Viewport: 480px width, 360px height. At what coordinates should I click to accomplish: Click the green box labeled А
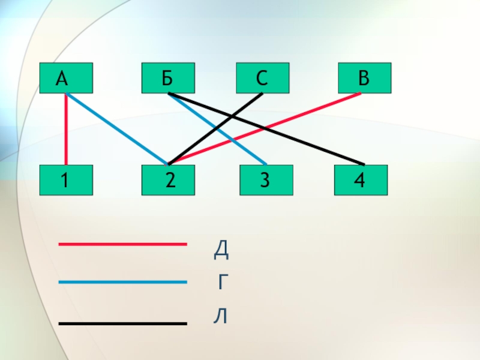point(66,78)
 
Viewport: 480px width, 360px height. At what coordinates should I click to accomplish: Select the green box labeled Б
point(168,78)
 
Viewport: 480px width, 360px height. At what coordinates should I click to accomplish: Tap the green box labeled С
point(262,78)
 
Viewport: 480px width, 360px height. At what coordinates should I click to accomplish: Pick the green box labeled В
point(364,78)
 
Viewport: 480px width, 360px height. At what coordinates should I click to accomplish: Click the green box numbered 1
point(66,180)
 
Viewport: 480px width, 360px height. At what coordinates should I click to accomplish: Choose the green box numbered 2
point(168,180)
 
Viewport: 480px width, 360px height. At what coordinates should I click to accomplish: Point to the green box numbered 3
point(266,180)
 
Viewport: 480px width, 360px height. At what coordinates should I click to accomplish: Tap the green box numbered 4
point(361,180)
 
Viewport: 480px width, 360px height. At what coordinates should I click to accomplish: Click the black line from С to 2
point(240,111)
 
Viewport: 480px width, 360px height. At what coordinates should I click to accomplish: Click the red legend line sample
point(122,244)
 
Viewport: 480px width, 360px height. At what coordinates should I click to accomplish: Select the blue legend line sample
point(122,282)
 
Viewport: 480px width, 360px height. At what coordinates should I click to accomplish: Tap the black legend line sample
point(122,323)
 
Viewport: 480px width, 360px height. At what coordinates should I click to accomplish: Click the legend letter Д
point(221,251)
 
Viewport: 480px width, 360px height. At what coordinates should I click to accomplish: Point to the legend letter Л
point(221,316)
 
